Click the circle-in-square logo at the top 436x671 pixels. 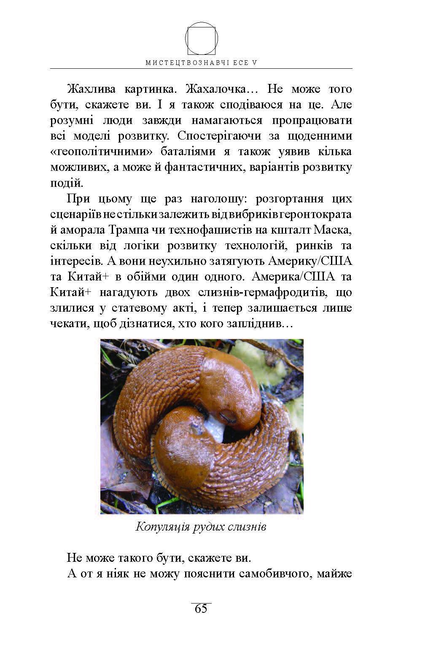coord(202,39)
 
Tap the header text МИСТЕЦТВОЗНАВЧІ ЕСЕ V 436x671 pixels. coord(202,63)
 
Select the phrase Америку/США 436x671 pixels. coord(310,261)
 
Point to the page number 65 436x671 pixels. coord(201,609)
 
